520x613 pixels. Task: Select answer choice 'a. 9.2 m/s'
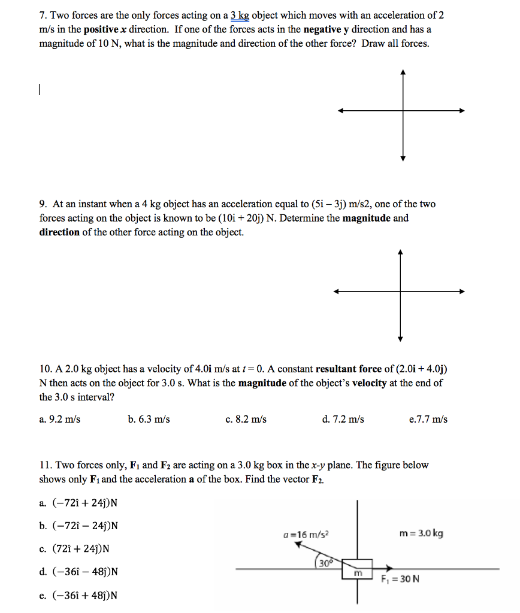point(59,419)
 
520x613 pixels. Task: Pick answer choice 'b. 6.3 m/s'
point(149,419)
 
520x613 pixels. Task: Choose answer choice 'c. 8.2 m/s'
point(246,419)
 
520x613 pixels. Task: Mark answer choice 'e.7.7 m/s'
point(428,419)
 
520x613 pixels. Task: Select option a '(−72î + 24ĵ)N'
point(78,502)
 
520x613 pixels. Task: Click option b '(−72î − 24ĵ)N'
point(78,526)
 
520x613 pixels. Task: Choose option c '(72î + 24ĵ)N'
point(74,548)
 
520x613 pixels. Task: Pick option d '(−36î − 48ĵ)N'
point(78,572)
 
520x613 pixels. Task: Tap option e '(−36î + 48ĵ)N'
point(78,595)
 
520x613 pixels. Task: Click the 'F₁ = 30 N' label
point(400,579)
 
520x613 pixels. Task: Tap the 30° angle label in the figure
point(325,563)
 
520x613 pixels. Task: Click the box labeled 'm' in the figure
point(358,569)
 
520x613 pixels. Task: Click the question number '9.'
point(44,204)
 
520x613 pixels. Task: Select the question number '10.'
point(46,369)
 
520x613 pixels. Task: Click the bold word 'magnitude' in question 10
point(262,383)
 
